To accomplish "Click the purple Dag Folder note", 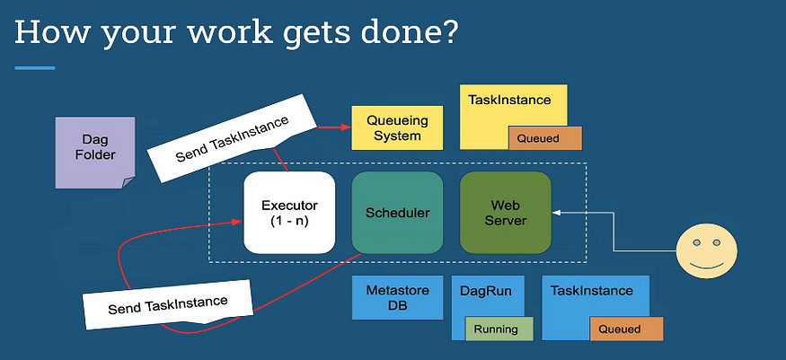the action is click(94, 153).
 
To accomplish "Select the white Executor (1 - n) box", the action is click(289, 213).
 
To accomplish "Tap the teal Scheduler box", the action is click(398, 213).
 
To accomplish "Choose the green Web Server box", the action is click(505, 213).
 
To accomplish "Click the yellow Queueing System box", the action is click(397, 127).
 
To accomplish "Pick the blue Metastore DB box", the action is click(397, 297).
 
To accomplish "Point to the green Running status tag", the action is click(496, 329).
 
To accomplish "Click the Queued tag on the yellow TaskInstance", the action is click(545, 138).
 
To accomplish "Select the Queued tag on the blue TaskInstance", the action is click(626, 329).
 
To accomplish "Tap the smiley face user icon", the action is click(707, 250).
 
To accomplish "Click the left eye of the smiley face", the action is click(696, 242).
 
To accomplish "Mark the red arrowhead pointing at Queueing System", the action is click(347, 127).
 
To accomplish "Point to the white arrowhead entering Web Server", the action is click(556, 213).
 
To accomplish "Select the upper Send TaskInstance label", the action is click(232, 137).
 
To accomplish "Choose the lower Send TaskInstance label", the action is click(168, 304).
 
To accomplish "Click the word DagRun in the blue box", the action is click(487, 290).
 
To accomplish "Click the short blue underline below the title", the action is click(35, 67).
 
